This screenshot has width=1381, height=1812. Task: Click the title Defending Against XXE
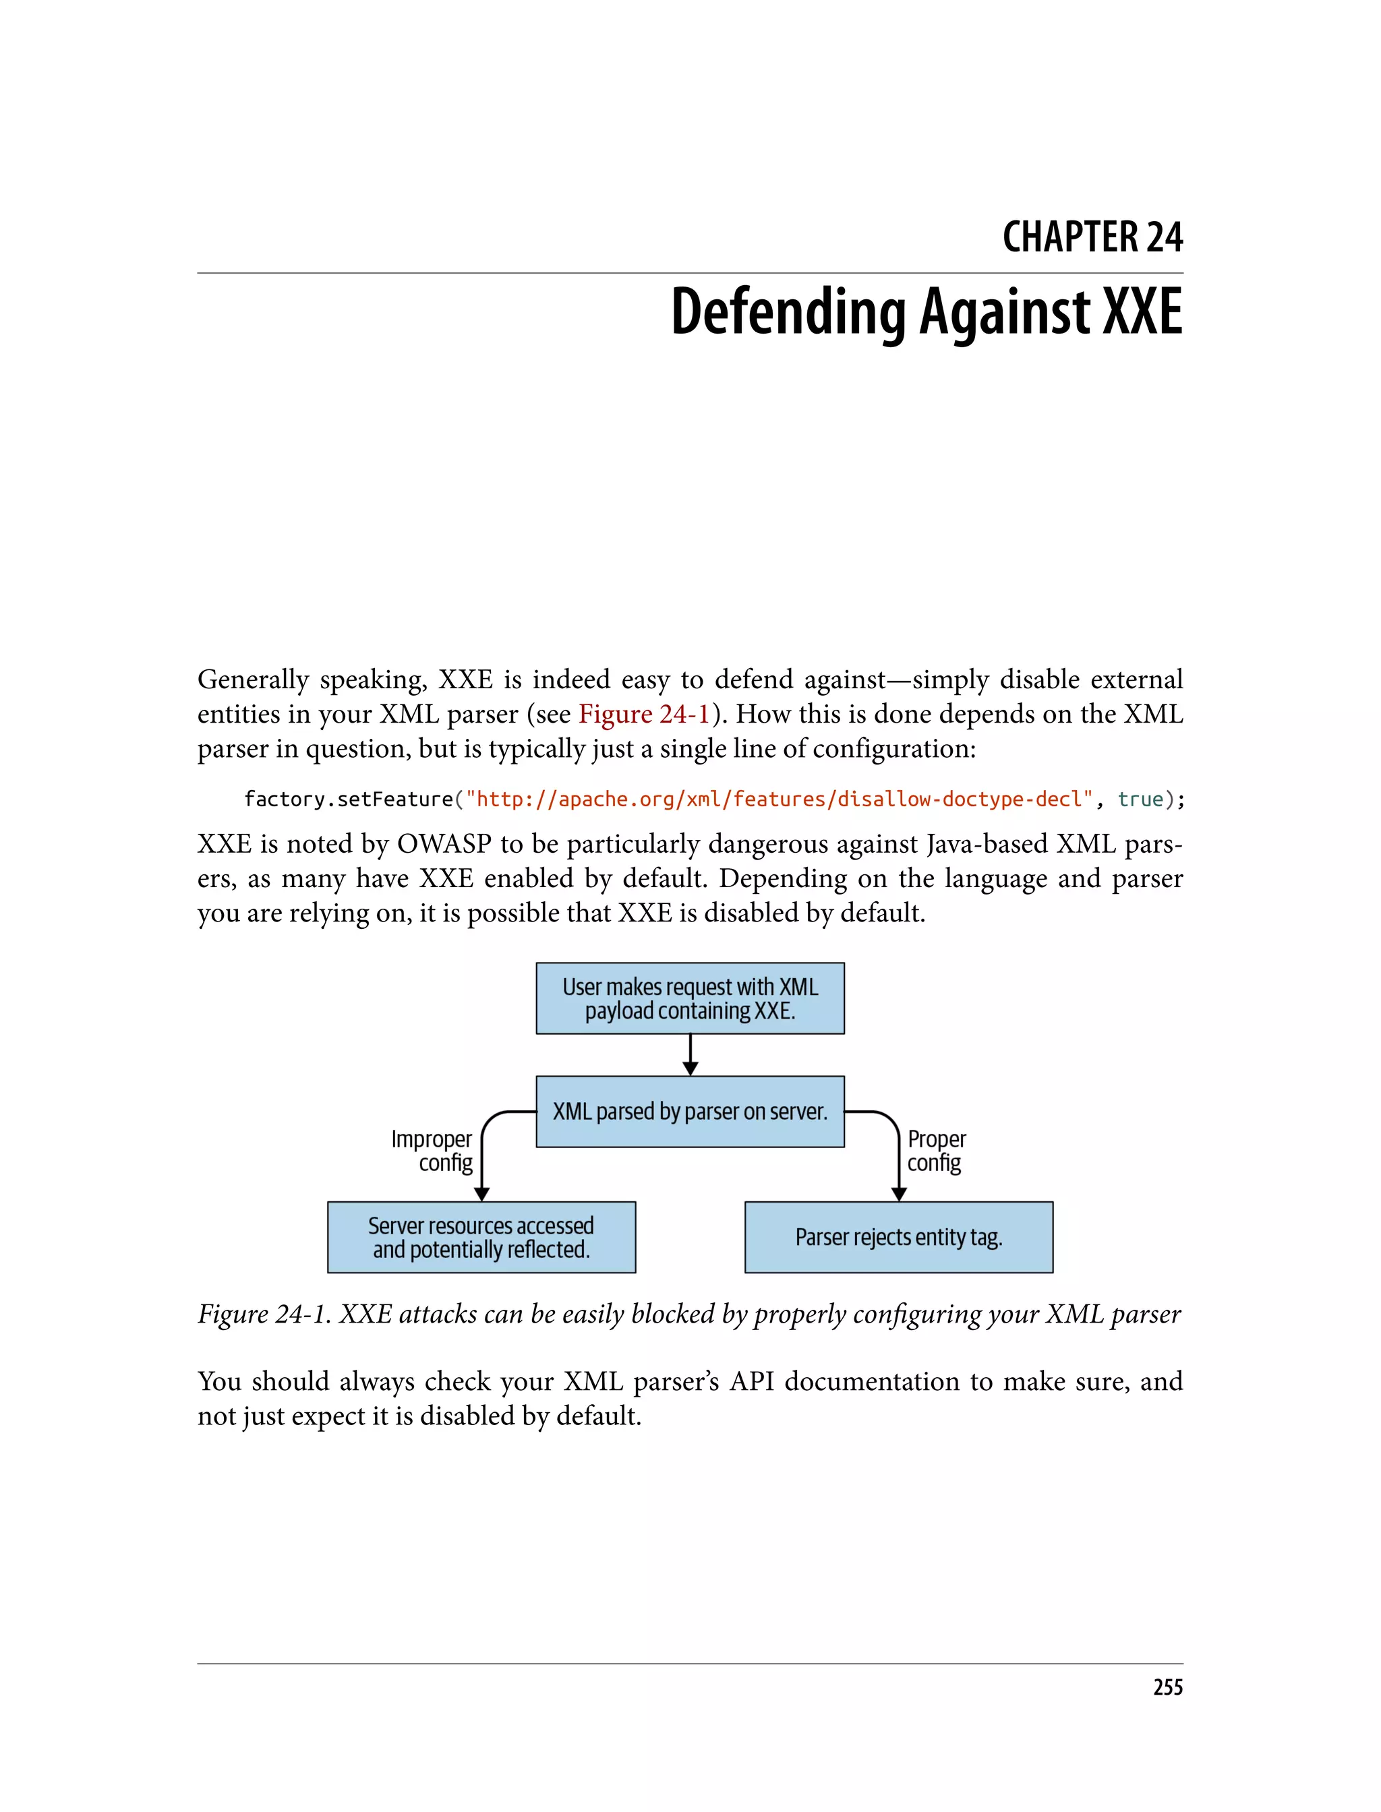(x=927, y=312)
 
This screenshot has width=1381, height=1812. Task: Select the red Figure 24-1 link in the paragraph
(x=644, y=714)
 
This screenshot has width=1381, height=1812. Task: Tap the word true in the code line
(x=1140, y=799)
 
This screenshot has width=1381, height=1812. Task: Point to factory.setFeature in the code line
(x=349, y=799)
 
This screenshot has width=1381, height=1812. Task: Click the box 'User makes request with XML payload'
(x=690, y=998)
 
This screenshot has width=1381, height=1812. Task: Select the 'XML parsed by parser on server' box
(x=690, y=1111)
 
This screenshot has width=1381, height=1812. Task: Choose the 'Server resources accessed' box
(x=481, y=1237)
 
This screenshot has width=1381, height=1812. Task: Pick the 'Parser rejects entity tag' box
(x=898, y=1237)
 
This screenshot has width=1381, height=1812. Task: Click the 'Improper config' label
(x=433, y=1151)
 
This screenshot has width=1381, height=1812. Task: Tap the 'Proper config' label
(x=936, y=1151)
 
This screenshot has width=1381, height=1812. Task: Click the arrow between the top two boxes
(x=690, y=1055)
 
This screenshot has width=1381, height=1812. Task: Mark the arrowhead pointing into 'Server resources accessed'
(x=481, y=1193)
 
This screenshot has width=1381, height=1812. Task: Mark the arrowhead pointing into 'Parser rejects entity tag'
(x=900, y=1193)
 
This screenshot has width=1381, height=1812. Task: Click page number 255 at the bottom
(x=1167, y=1687)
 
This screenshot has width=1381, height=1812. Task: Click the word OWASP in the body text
(x=445, y=844)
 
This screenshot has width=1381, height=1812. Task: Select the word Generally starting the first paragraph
(x=253, y=679)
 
